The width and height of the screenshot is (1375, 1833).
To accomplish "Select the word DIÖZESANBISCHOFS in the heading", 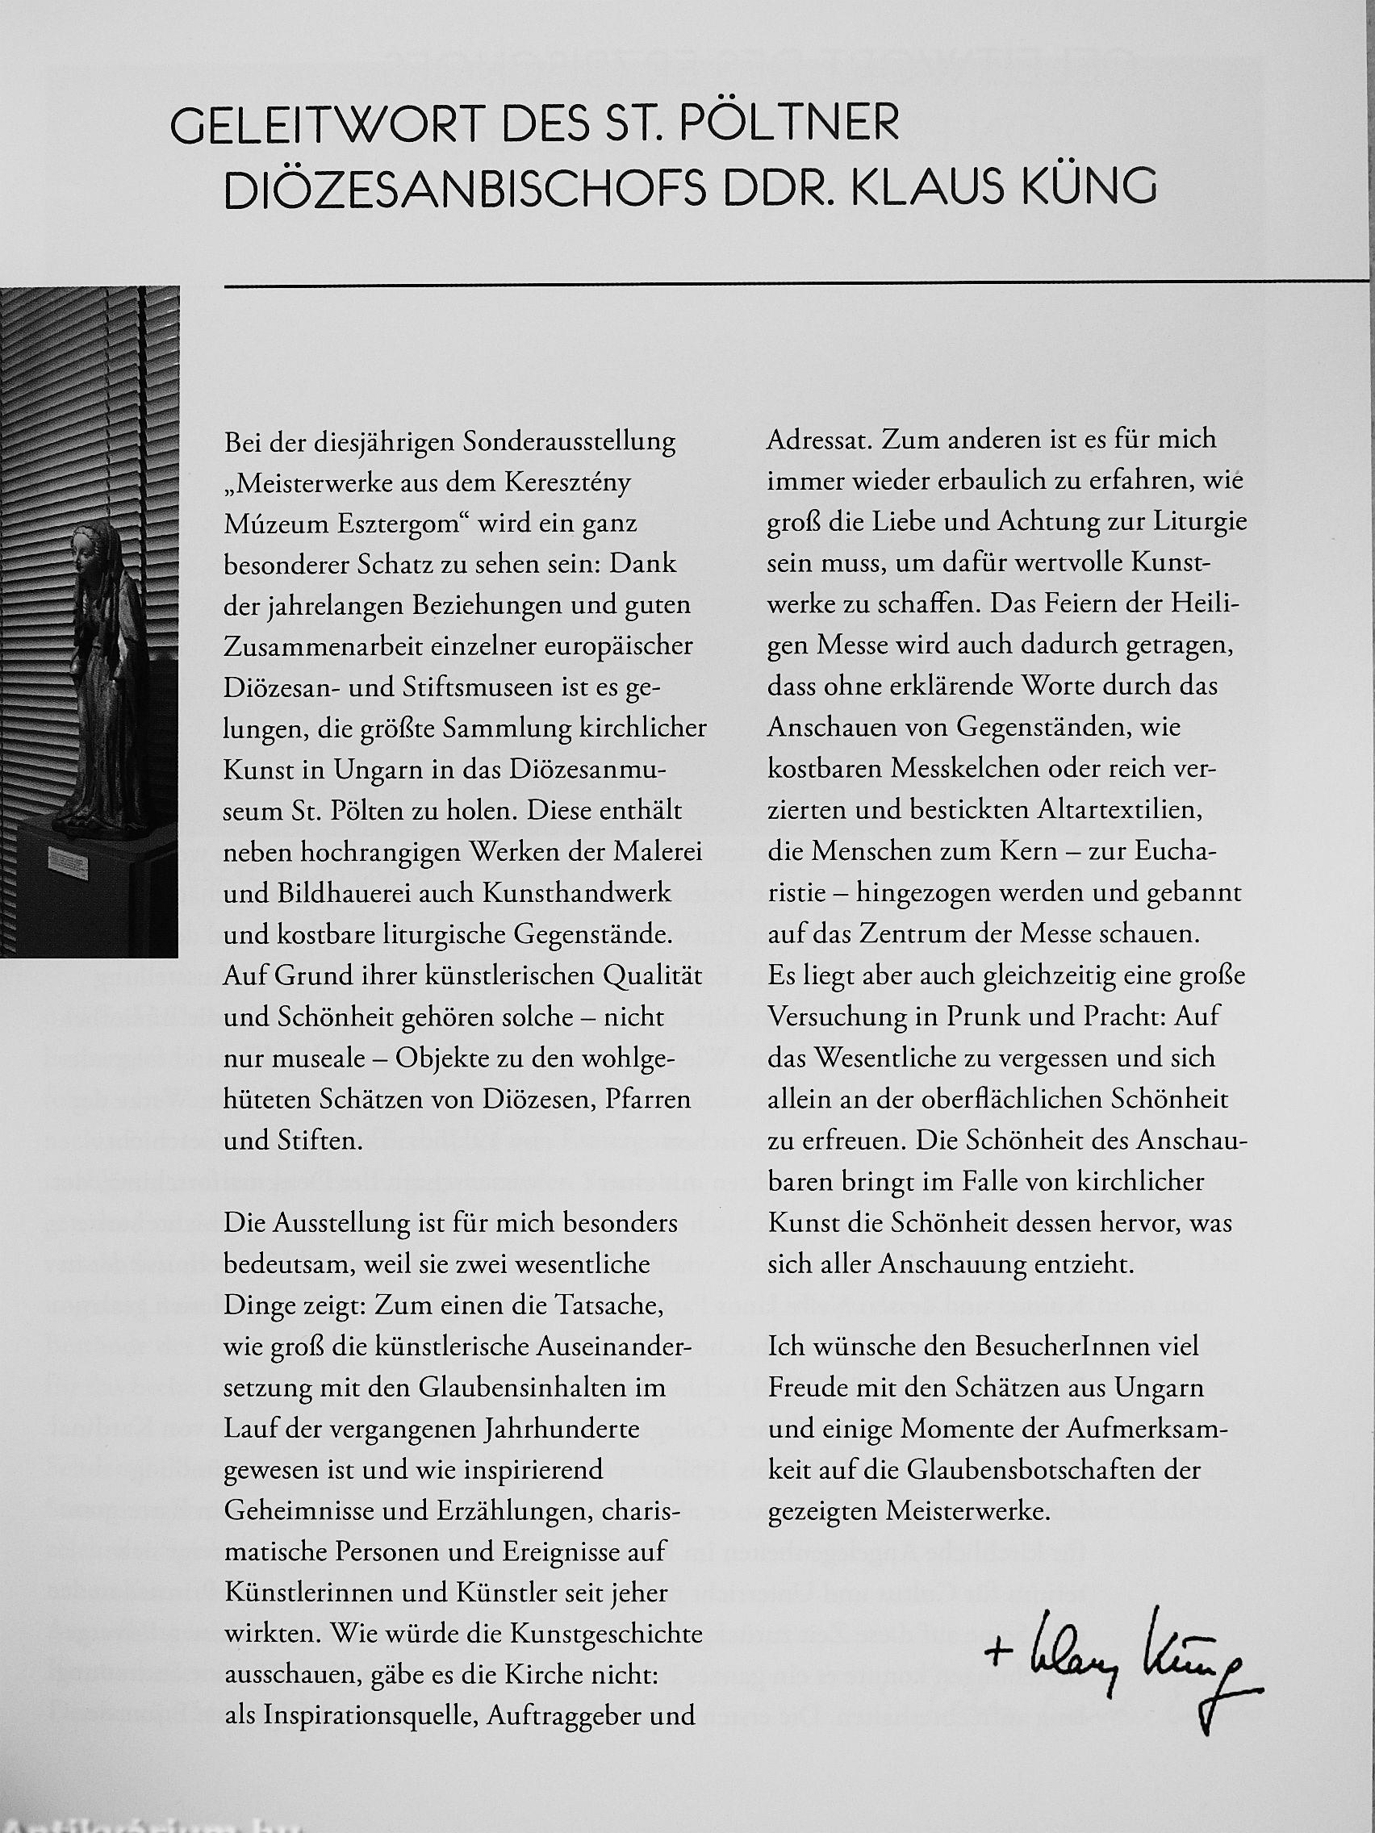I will click(x=465, y=189).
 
